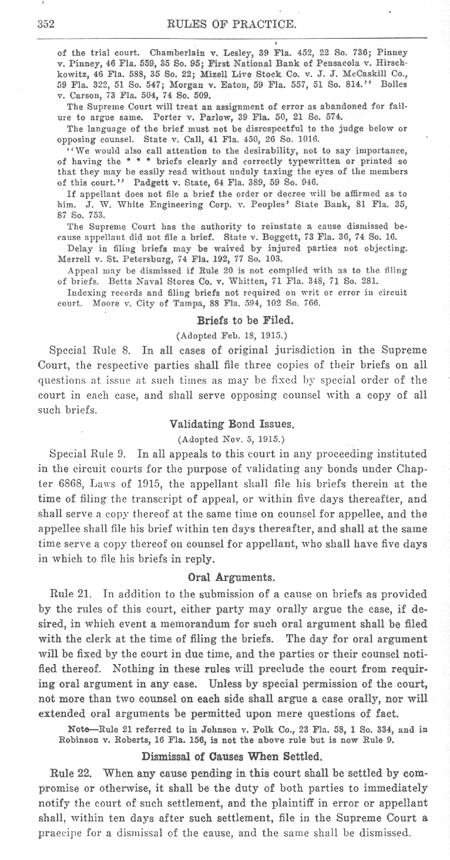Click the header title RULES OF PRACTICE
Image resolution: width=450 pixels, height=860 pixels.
pyautogui.click(x=231, y=25)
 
